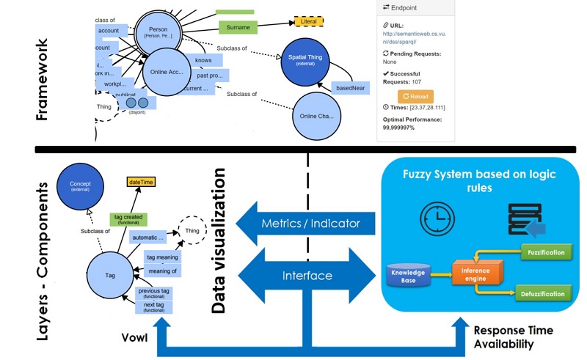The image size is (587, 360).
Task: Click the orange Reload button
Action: click(415, 97)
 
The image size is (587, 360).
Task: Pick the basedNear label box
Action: click(351, 88)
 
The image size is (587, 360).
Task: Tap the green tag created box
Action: click(128, 218)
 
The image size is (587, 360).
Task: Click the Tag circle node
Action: click(110, 274)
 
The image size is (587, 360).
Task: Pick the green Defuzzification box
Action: click(543, 293)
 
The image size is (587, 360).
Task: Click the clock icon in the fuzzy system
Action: click(433, 219)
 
